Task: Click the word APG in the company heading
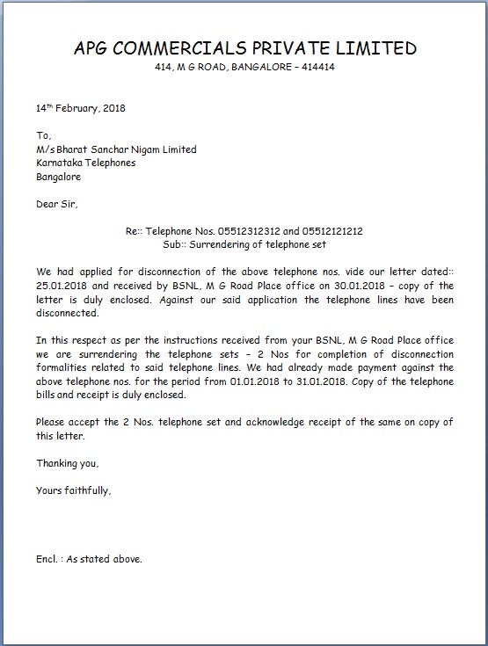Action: [x=93, y=48]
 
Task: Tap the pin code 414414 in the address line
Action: [x=317, y=67]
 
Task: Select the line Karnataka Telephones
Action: [x=85, y=163]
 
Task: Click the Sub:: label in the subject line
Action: [x=176, y=244]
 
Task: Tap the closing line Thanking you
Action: [x=68, y=462]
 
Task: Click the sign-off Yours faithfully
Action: [x=74, y=490]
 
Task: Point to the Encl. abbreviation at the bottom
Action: [x=48, y=558]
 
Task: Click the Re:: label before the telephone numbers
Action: [x=134, y=231]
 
